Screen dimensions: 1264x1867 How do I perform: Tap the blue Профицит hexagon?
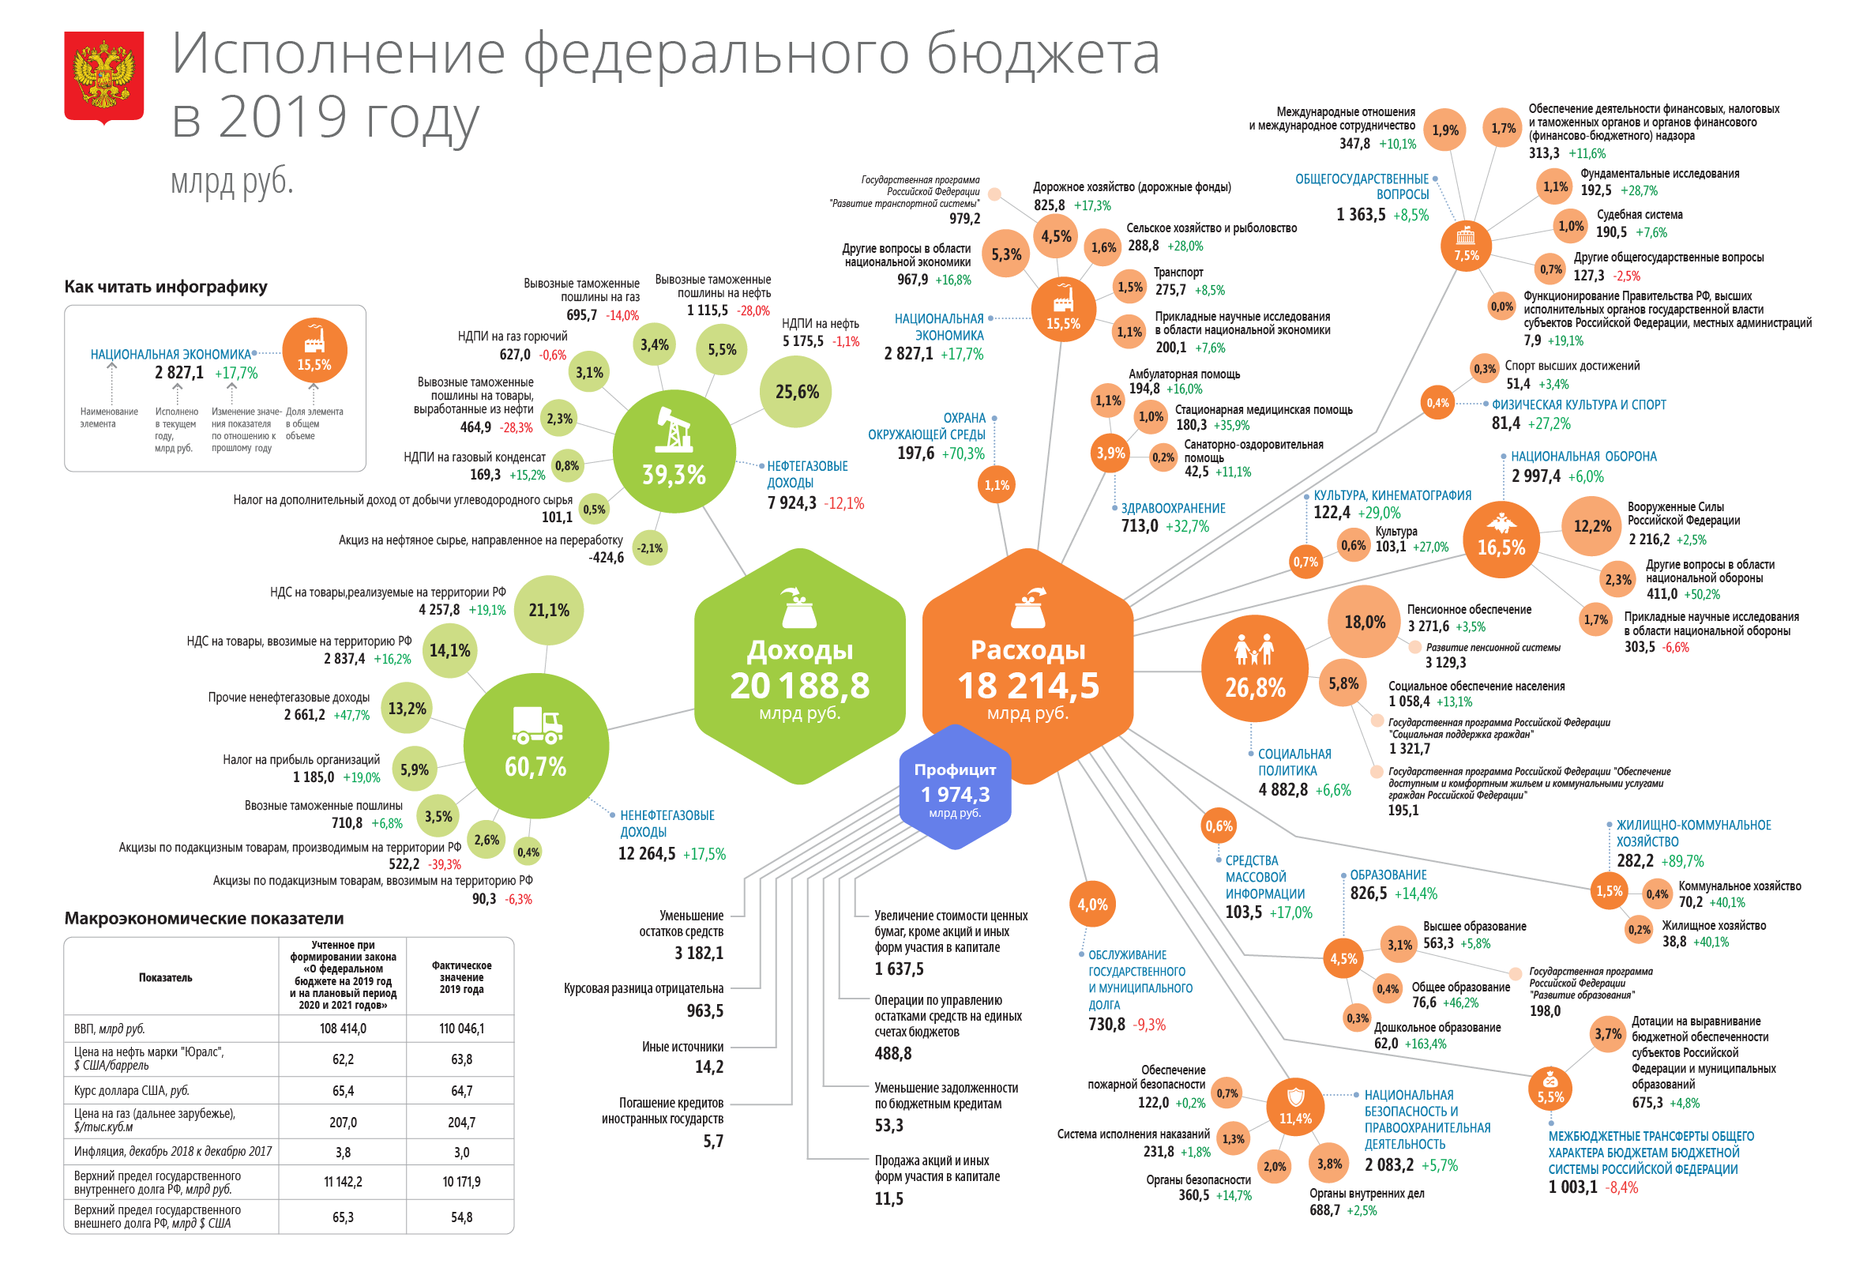click(954, 788)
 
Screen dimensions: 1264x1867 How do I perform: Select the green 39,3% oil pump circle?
click(673, 451)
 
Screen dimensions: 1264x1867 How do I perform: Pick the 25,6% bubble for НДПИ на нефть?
click(796, 392)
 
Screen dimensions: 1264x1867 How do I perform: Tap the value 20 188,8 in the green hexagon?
click(799, 687)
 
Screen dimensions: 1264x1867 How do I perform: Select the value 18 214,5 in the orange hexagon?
click(1027, 687)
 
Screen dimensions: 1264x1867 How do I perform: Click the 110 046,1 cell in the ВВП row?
click(461, 1029)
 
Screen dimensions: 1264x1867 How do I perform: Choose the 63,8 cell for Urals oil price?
click(461, 1059)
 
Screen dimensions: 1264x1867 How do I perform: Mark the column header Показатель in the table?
click(166, 978)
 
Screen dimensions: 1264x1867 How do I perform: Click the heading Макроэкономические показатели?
click(204, 919)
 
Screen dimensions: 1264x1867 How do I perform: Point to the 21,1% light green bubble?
click(549, 611)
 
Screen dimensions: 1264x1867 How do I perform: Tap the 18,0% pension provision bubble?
click(1364, 622)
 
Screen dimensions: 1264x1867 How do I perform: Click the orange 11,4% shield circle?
click(1295, 1108)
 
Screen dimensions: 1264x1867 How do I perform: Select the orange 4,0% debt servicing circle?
click(1091, 905)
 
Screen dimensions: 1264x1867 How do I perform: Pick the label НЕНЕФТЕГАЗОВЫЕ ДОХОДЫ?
click(667, 824)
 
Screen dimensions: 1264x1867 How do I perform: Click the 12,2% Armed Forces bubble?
click(1591, 526)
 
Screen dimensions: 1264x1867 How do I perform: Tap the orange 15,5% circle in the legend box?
click(314, 352)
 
